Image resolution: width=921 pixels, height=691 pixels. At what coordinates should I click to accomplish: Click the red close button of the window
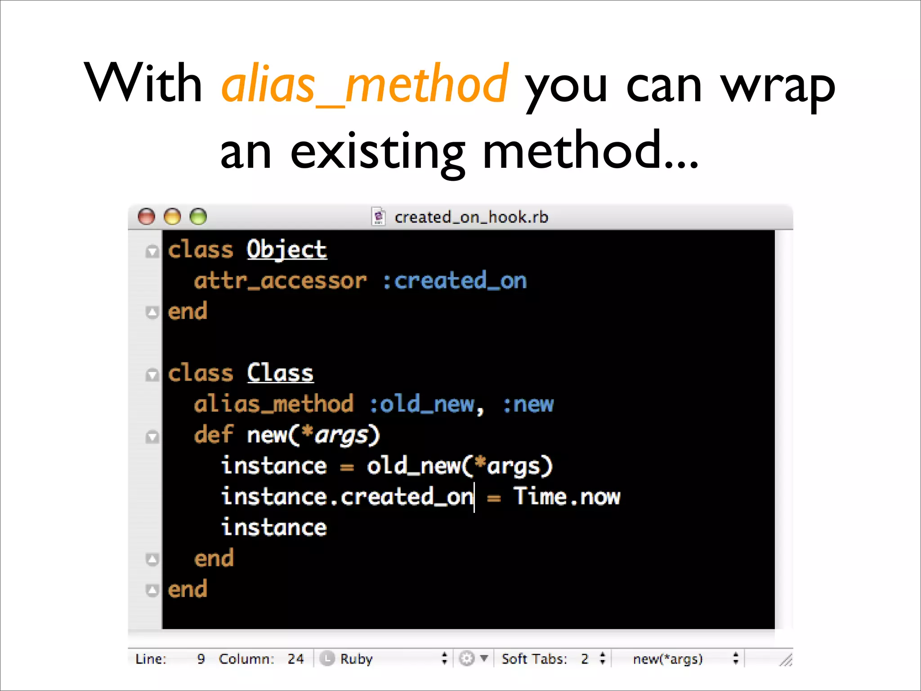(x=146, y=217)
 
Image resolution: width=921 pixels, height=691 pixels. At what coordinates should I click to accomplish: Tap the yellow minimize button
(x=172, y=217)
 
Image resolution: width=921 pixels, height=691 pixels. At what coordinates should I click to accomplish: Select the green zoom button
(x=198, y=217)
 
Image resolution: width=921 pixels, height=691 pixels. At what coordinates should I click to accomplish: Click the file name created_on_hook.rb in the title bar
(x=471, y=217)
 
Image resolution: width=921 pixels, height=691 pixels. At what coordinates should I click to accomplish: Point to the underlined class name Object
(x=286, y=250)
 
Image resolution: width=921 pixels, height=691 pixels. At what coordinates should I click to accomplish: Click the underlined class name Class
(x=280, y=373)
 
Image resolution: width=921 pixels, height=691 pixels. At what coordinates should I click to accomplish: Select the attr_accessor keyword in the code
(x=280, y=281)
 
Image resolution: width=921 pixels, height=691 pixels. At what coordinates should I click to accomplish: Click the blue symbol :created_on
(x=455, y=281)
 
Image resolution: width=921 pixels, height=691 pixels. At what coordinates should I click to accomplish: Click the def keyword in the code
(x=214, y=435)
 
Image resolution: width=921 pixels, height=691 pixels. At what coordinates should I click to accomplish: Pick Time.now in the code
(x=567, y=497)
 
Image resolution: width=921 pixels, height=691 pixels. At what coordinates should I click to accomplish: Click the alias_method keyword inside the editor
(x=273, y=404)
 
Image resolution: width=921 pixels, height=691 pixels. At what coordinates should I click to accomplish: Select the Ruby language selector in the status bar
(x=356, y=659)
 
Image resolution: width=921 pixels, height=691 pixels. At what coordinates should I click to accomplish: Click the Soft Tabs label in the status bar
(x=534, y=659)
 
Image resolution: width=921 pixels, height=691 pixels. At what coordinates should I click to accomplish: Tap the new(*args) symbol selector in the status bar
(x=668, y=659)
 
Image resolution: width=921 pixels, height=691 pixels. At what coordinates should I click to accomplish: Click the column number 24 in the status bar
(x=295, y=659)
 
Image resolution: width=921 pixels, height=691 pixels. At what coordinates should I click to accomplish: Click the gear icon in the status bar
(x=467, y=659)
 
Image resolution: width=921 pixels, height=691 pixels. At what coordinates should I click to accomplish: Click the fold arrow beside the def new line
(x=152, y=436)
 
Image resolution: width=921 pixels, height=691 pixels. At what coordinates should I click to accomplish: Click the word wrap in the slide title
(x=778, y=85)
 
